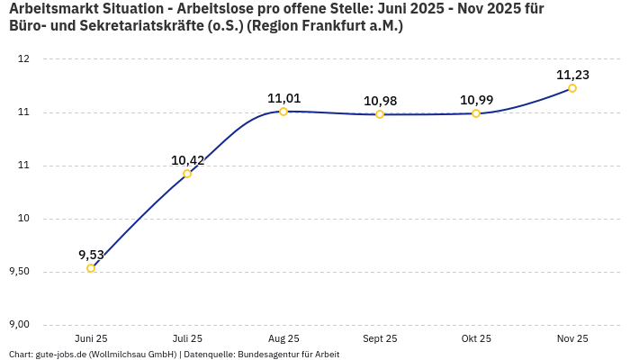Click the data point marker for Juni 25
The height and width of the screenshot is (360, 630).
[x=91, y=268]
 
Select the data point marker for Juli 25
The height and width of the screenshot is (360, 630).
[x=187, y=174]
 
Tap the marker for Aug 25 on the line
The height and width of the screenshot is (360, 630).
[x=283, y=112]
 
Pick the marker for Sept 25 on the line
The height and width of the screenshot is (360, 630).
[x=380, y=114]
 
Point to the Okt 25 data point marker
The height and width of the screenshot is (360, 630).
[x=476, y=113]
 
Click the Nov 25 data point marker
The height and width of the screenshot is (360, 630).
[x=572, y=88]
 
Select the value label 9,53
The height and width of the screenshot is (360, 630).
[x=91, y=255]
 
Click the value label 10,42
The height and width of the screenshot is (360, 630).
[x=187, y=160]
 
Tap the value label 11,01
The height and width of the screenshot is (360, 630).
[x=283, y=98]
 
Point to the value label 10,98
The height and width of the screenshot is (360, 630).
[x=380, y=101]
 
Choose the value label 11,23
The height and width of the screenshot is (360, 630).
[x=572, y=75]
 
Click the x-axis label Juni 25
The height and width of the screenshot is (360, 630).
[x=91, y=338]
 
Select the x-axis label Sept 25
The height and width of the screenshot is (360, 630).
[x=380, y=338]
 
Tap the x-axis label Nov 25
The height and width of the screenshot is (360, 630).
[x=572, y=338]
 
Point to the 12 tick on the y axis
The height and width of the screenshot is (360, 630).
[x=24, y=59]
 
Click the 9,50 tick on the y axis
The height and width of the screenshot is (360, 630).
[x=18, y=272]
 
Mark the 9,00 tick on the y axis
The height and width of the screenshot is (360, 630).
[x=18, y=325]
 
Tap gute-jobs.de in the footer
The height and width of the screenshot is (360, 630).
[x=60, y=355]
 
